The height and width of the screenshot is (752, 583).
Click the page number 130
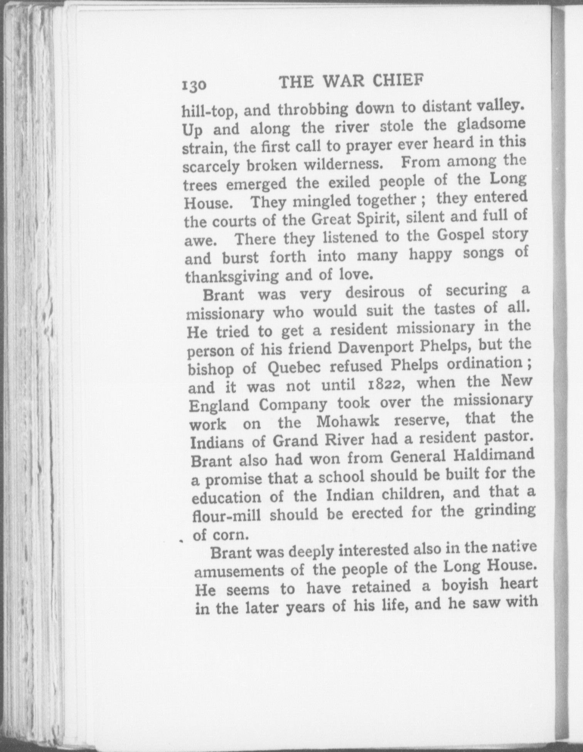[194, 85]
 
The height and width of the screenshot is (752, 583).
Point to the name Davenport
[376, 347]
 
